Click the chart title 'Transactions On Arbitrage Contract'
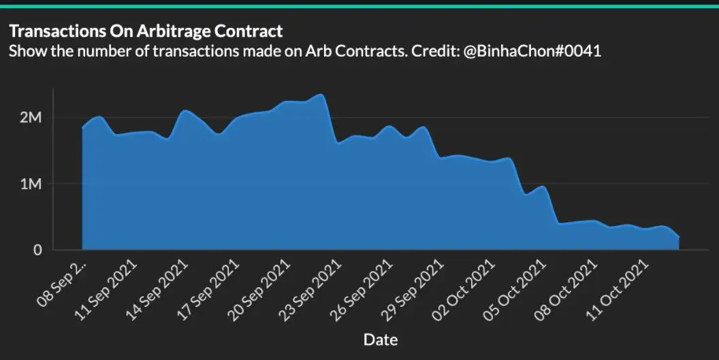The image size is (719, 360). (x=145, y=31)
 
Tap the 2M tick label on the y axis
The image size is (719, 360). (x=31, y=118)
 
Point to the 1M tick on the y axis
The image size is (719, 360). (x=31, y=184)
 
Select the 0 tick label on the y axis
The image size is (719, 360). (x=37, y=250)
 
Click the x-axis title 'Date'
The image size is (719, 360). (x=381, y=339)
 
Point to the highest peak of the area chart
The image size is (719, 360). (x=321, y=95)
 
